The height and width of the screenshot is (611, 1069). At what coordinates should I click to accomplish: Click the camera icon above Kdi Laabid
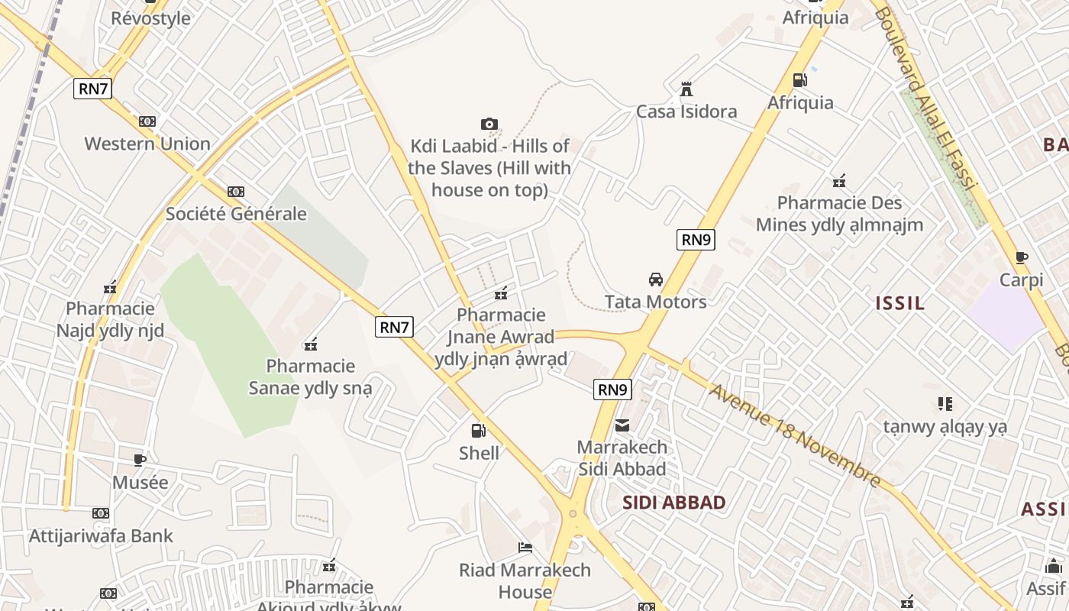(x=489, y=124)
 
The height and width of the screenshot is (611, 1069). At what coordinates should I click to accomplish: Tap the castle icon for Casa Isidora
(x=686, y=89)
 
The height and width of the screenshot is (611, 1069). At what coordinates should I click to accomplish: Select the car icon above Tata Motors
(x=655, y=280)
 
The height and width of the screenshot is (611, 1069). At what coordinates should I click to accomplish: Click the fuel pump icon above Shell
(x=479, y=431)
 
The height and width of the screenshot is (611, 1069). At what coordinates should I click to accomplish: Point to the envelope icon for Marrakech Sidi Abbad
(x=623, y=425)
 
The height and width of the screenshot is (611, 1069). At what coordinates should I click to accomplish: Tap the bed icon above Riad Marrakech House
(x=525, y=548)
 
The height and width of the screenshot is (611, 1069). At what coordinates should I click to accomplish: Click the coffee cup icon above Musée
(x=140, y=460)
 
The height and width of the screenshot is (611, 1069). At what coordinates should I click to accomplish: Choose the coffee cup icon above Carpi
(x=1021, y=258)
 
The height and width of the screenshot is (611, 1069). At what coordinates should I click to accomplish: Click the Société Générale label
(x=236, y=214)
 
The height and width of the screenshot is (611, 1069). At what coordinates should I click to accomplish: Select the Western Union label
(x=147, y=144)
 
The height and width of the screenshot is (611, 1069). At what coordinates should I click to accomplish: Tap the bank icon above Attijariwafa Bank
(x=101, y=513)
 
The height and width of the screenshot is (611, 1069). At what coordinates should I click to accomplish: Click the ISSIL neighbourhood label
(x=900, y=303)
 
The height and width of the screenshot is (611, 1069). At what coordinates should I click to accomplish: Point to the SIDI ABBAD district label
(x=673, y=503)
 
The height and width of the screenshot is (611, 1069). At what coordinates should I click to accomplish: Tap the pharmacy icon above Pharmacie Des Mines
(x=839, y=181)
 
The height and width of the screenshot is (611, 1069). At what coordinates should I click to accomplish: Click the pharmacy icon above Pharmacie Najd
(x=110, y=287)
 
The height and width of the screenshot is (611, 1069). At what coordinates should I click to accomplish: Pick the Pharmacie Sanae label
(x=310, y=377)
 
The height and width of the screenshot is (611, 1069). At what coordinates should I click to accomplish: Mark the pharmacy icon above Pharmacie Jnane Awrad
(x=501, y=293)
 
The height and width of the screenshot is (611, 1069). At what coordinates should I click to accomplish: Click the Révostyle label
(x=150, y=18)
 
